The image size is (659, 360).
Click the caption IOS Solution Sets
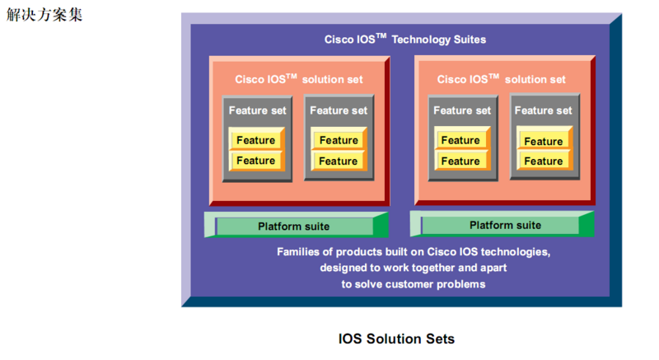click(396, 339)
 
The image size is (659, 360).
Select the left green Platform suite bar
click(294, 226)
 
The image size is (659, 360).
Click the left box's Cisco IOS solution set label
click(298, 79)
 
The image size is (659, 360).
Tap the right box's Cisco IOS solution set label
click(501, 79)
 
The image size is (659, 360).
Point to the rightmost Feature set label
click(543, 110)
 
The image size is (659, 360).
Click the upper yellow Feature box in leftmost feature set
click(255, 140)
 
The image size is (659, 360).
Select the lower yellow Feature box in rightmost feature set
click(544, 161)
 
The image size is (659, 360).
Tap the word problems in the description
click(461, 284)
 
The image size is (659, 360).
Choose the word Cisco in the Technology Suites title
click(339, 39)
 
